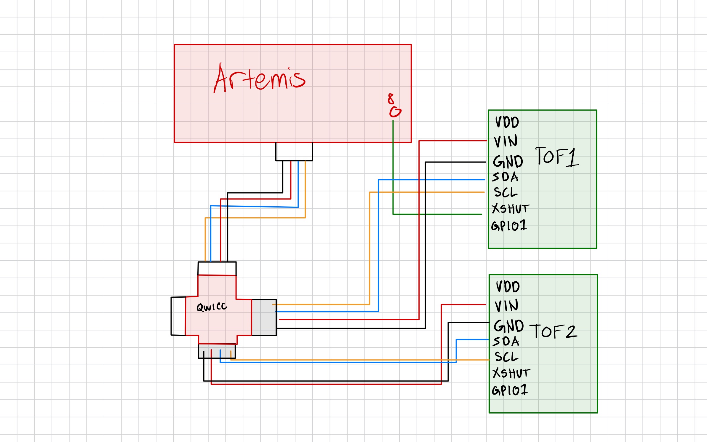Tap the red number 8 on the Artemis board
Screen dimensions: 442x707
391,98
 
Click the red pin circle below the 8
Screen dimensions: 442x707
395,112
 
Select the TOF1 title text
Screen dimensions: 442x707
556,157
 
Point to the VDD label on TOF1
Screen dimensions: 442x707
507,122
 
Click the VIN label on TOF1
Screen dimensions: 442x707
506,141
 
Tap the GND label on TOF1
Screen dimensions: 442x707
508,162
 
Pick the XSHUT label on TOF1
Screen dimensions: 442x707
510,209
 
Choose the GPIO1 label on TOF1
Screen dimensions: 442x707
509,226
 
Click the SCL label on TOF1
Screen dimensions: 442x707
506,192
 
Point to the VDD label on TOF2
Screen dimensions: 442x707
508,287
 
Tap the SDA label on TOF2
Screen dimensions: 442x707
506,342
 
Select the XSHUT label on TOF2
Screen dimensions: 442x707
511,373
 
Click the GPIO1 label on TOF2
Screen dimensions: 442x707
510,390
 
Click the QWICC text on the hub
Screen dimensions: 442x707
212,307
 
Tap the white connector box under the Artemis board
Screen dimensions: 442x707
294,151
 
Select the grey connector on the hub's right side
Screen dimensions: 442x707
264,317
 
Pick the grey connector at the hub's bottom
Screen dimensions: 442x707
217,351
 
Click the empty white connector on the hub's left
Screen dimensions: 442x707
178,316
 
